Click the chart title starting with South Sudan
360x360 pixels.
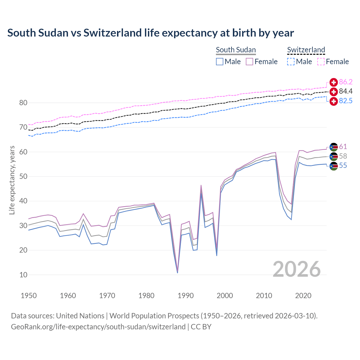(x=150, y=33)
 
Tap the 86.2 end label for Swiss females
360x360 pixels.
(x=346, y=82)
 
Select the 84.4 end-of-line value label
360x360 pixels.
(x=346, y=91)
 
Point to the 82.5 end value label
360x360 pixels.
(x=346, y=101)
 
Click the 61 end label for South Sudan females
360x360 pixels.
(x=343, y=147)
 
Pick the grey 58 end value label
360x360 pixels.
(x=343, y=156)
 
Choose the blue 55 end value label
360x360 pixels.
(x=343, y=165)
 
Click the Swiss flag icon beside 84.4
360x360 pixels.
(x=334, y=92)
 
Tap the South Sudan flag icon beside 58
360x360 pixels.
(x=334, y=157)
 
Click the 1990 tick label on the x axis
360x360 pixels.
(x=186, y=296)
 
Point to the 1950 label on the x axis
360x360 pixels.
(x=29, y=296)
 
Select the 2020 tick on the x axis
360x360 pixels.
(x=303, y=296)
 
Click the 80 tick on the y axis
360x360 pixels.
(x=23, y=103)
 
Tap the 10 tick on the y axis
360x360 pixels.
(x=23, y=275)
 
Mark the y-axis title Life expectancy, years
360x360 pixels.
(x=12, y=180)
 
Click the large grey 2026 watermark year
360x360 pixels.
(x=296, y=269)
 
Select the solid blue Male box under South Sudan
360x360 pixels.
(x=220, y=62)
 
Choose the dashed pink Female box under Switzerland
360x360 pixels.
(x=321, y=62)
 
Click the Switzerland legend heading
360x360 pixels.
(x=306, y=50)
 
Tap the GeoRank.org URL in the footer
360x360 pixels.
(x=98, y=327)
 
